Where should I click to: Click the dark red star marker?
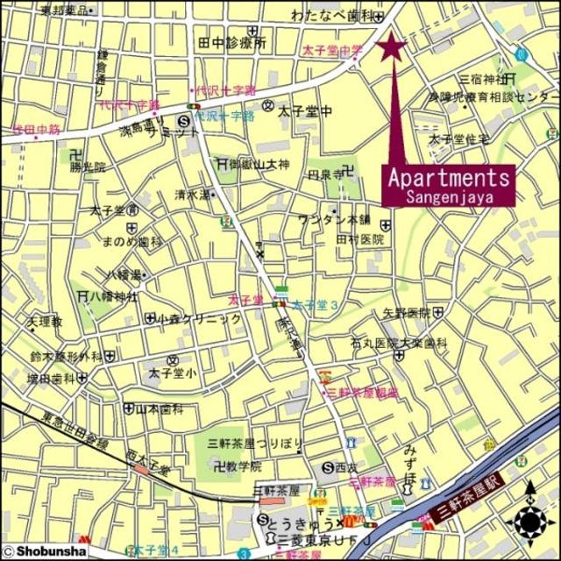[392, 46]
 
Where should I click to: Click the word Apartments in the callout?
[448, 177]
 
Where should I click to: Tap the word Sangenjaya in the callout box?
[449, 197]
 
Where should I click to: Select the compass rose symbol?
[529, 522]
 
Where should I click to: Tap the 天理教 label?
[45, 322]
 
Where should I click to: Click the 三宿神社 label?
[483, 79]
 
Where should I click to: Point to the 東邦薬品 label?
[65, 11]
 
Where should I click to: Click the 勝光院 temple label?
[87, 166]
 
